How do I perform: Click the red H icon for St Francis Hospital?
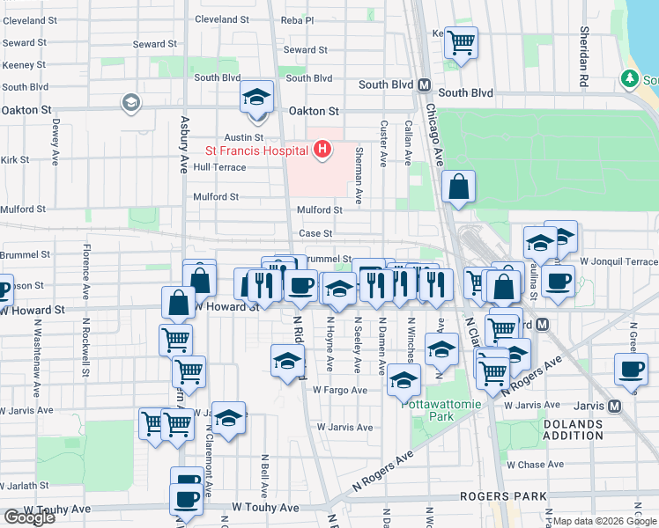pyautogui.click(x=322, y=150)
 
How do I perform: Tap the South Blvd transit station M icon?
pyautogui.click(x=424, y=84)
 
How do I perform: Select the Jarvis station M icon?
pyautogui.click(x=614, y=406)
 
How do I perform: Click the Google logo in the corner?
pyautogui.click(x=29, y=517)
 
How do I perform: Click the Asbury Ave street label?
pyautogui.click(x=184, y=144)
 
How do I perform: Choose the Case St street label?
pyautogui.click(x=315, y=233)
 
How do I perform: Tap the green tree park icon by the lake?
pyautogui.click(x=630, y=79)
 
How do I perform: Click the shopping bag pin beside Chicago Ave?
pyautogui.click(x=459, y=187)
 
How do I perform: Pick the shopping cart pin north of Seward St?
pyautogui.click(x=461, y=41)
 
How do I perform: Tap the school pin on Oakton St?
pyautogui.click(x=257, y=98)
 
